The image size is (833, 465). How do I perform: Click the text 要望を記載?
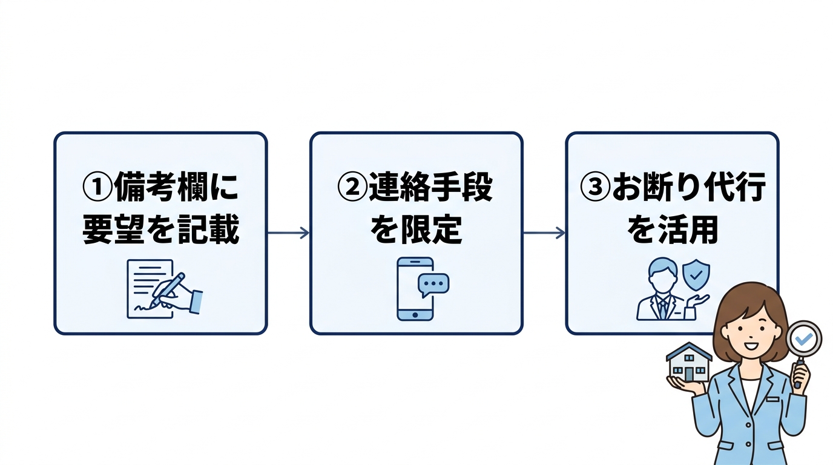161,231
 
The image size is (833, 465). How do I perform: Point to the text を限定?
416,231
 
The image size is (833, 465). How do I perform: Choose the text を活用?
672,231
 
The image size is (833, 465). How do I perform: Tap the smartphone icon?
415,289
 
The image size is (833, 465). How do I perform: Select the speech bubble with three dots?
435,283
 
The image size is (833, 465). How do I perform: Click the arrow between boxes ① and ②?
288,233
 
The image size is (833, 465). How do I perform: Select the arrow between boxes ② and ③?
544,233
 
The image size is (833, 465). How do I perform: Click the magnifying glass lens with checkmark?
803,339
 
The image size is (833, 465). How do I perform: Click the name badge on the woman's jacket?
772,399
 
